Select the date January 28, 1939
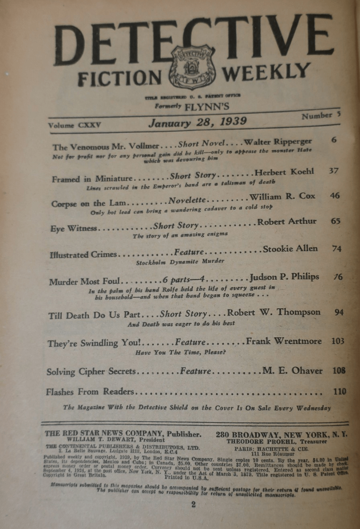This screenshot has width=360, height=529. [198, 122]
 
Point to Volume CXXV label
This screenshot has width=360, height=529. [74, 125]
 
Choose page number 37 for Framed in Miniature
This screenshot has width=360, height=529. [333, 170]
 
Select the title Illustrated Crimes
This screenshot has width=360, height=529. [83, 254]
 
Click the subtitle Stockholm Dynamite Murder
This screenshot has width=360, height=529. [180, 262]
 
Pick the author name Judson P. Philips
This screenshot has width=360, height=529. [284, 277]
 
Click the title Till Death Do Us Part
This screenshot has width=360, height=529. [94, 315]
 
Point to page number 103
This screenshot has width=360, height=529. [338, 341]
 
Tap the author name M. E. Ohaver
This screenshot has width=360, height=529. [292, 371]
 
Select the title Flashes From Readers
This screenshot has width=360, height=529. [90, 392]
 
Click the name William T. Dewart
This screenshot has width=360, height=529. [115, 440]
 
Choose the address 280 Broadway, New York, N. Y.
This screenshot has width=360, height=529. [281, 435]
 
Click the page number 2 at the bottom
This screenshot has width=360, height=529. [194, 505]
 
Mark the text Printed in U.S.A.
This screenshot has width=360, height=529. [186, 477]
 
